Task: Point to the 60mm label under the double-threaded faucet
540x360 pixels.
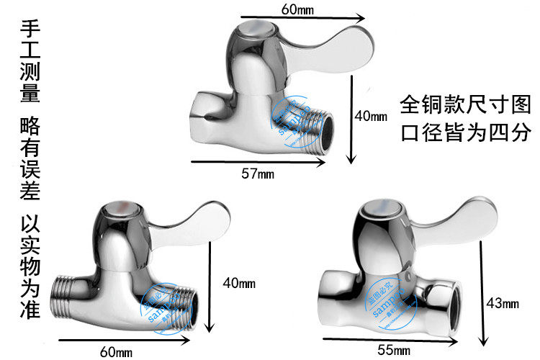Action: click(x=116, y=351)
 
